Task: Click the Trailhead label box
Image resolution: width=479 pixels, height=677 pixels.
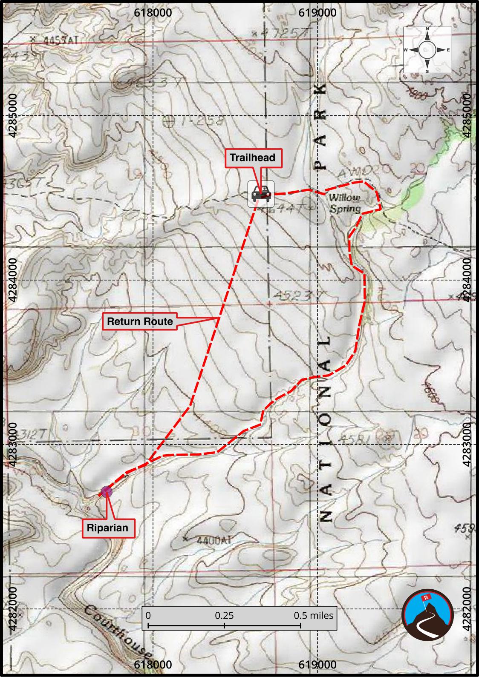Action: [x=252, y=158]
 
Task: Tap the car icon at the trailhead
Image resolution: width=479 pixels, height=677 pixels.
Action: [x=261, y=194]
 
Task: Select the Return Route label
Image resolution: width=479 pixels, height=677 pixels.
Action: [x=140, y=321]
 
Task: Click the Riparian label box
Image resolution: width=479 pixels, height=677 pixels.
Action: [x=107, y=528]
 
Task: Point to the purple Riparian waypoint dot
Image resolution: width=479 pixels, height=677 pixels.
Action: [x=107, y=492]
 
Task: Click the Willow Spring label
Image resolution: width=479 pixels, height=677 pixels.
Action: [x=345, y=203]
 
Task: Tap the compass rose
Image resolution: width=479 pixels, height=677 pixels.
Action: [x=427, y=50]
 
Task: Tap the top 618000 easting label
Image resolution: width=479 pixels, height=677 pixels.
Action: [x=153, y=13]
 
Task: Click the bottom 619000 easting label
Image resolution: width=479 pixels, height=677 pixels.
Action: [x=317, y=664]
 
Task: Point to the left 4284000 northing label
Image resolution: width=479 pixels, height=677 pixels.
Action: [x=13, y=280]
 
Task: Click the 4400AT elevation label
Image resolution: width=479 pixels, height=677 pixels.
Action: [x=214, y=541]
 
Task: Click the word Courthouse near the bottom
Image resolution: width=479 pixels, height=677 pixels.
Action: [x=117, y=635]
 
